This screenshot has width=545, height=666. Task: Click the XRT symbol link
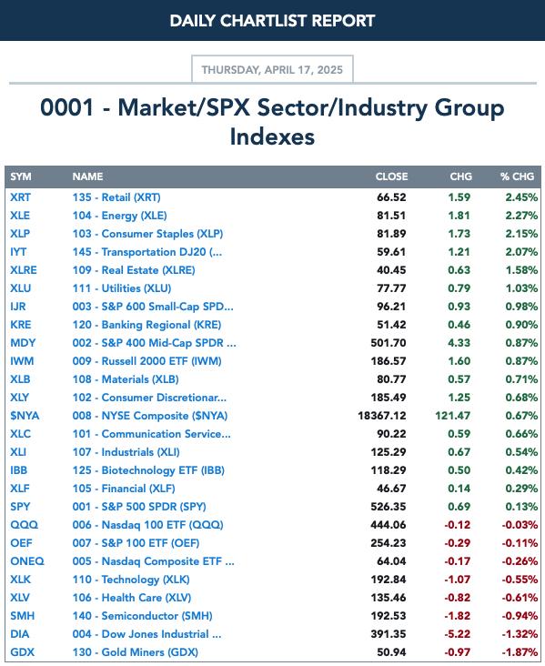coord(20,197)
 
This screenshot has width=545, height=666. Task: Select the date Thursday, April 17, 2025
coord(272,70)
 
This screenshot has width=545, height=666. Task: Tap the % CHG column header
coord(517,177)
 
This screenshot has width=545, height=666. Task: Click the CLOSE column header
coord(391,177)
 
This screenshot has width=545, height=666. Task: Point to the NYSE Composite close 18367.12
coord(382,416)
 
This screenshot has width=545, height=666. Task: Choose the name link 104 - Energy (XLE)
coord(119,216)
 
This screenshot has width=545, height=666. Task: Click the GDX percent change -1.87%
coord(520,652)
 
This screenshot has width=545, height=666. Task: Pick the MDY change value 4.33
coord(459,343)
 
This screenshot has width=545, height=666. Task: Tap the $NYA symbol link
coord(25,416)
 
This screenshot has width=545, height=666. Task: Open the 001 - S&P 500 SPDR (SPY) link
coord(139,507)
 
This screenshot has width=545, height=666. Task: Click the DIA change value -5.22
coord(457,634)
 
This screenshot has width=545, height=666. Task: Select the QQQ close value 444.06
coord(389,525)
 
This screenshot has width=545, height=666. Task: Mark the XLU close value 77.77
coord(391,288)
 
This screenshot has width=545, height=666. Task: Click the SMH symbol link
coord(22,616)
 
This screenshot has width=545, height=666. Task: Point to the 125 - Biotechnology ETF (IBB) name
coord(148,470)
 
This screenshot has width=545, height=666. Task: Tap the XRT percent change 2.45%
coord(521,197)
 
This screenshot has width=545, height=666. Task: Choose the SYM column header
coord(20,177)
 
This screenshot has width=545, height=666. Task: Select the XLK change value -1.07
coord(457,580)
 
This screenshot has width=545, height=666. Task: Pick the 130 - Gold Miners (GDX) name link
coord(135,652)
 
